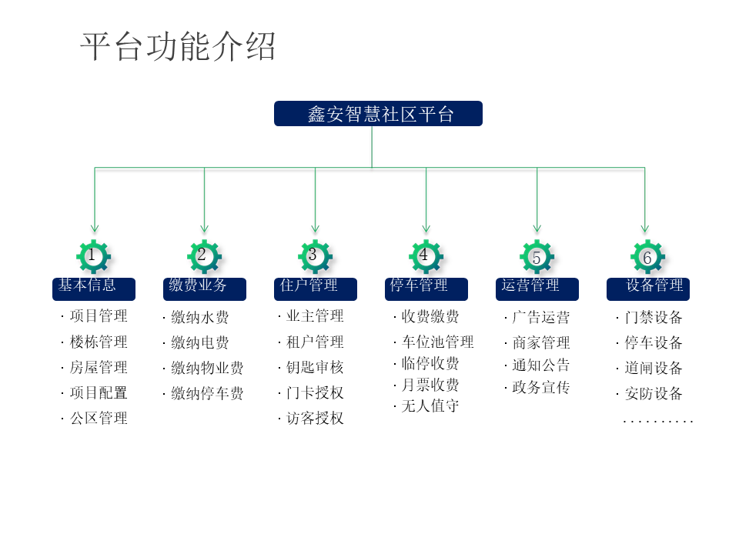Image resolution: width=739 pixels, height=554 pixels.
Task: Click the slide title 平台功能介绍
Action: pos(178,47)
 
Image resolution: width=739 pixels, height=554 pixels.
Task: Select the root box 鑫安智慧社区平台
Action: pos(378,114)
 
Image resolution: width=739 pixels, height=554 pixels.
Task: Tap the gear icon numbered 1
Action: pos(94,256)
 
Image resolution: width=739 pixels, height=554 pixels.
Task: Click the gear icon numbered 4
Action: pos(426,256)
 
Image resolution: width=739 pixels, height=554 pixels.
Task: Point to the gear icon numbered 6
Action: pos(647,257)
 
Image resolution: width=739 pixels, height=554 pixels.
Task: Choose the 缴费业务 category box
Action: pos(205,289)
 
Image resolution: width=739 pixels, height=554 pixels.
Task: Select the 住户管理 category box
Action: pos(315,289)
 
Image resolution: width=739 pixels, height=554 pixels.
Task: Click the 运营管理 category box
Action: pos(537,289)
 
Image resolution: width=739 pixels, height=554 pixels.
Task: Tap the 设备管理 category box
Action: pos(647,289)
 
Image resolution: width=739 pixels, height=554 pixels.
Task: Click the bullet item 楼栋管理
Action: pos(99,342)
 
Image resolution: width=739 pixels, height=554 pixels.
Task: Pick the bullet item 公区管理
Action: pos(99,418)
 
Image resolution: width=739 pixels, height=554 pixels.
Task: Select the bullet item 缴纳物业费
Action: pos(207,368)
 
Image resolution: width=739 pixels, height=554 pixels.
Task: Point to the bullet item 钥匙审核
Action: pos(315,367)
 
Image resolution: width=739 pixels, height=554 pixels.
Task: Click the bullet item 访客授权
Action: pos(315,418)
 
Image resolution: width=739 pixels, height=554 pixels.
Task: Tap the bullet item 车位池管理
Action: pos(437,342)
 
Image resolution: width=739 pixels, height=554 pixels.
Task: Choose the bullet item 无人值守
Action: pos(430,405)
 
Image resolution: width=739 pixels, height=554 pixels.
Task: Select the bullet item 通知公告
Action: pos(541,365)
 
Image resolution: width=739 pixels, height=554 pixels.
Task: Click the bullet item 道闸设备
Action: pos(654,368)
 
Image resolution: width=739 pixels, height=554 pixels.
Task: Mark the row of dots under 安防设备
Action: pos(658,421)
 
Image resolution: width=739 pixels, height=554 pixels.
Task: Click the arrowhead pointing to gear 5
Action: pos(537,229)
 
